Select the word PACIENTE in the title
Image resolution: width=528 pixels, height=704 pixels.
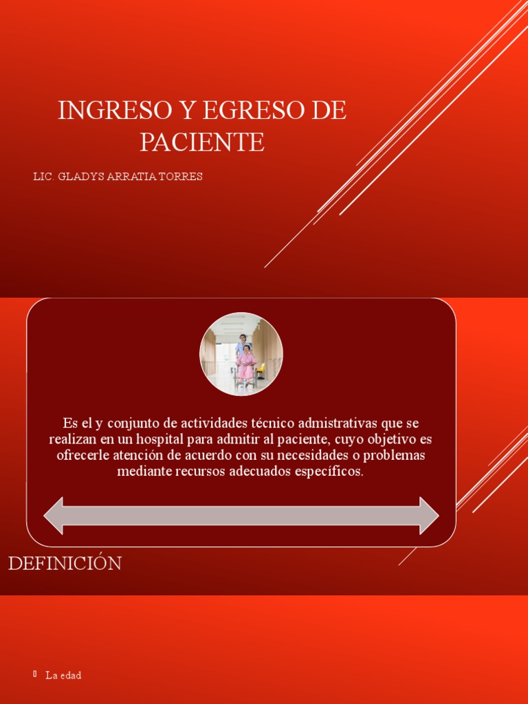coord(202,142)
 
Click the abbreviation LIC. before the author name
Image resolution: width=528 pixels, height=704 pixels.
coord(44,177)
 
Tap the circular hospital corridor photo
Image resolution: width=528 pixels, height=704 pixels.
coord(241,353)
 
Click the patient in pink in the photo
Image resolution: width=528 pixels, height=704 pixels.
coord(246,362)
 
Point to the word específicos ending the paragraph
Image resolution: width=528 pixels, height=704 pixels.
coord(325,472)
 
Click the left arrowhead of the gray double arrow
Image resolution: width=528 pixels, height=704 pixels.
coord(54,516)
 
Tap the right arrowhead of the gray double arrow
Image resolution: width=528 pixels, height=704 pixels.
coord(429,516)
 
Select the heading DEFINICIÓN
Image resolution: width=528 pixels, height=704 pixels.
coord(65,564)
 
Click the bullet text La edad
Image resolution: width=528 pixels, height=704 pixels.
coord(63,676)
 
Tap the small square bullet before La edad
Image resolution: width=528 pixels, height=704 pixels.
coord(35,674)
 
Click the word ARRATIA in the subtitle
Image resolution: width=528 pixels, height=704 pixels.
coord(131,177)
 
